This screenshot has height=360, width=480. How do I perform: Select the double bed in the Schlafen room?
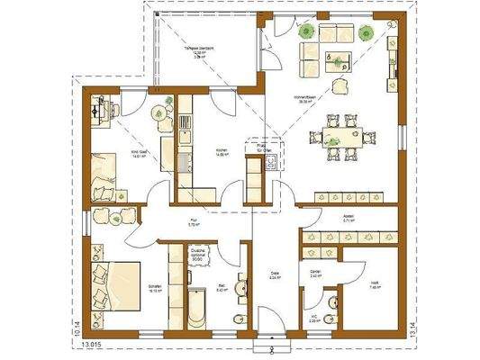[x=117, y=277]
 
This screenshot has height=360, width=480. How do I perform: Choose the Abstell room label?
[x=348, y=219]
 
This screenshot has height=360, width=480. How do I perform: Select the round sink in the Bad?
[x=240, y=288]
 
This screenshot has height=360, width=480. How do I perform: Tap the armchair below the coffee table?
[x=343, y=85]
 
